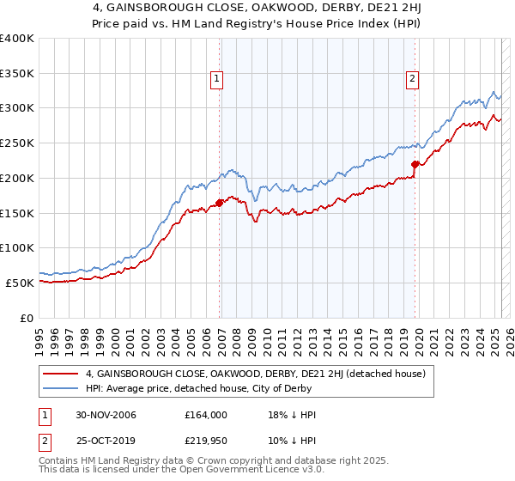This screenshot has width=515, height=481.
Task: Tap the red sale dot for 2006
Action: coord(220,203)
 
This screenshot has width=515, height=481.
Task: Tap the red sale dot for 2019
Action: coord(415,164)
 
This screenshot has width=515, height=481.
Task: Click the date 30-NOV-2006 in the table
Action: coord(106,415)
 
